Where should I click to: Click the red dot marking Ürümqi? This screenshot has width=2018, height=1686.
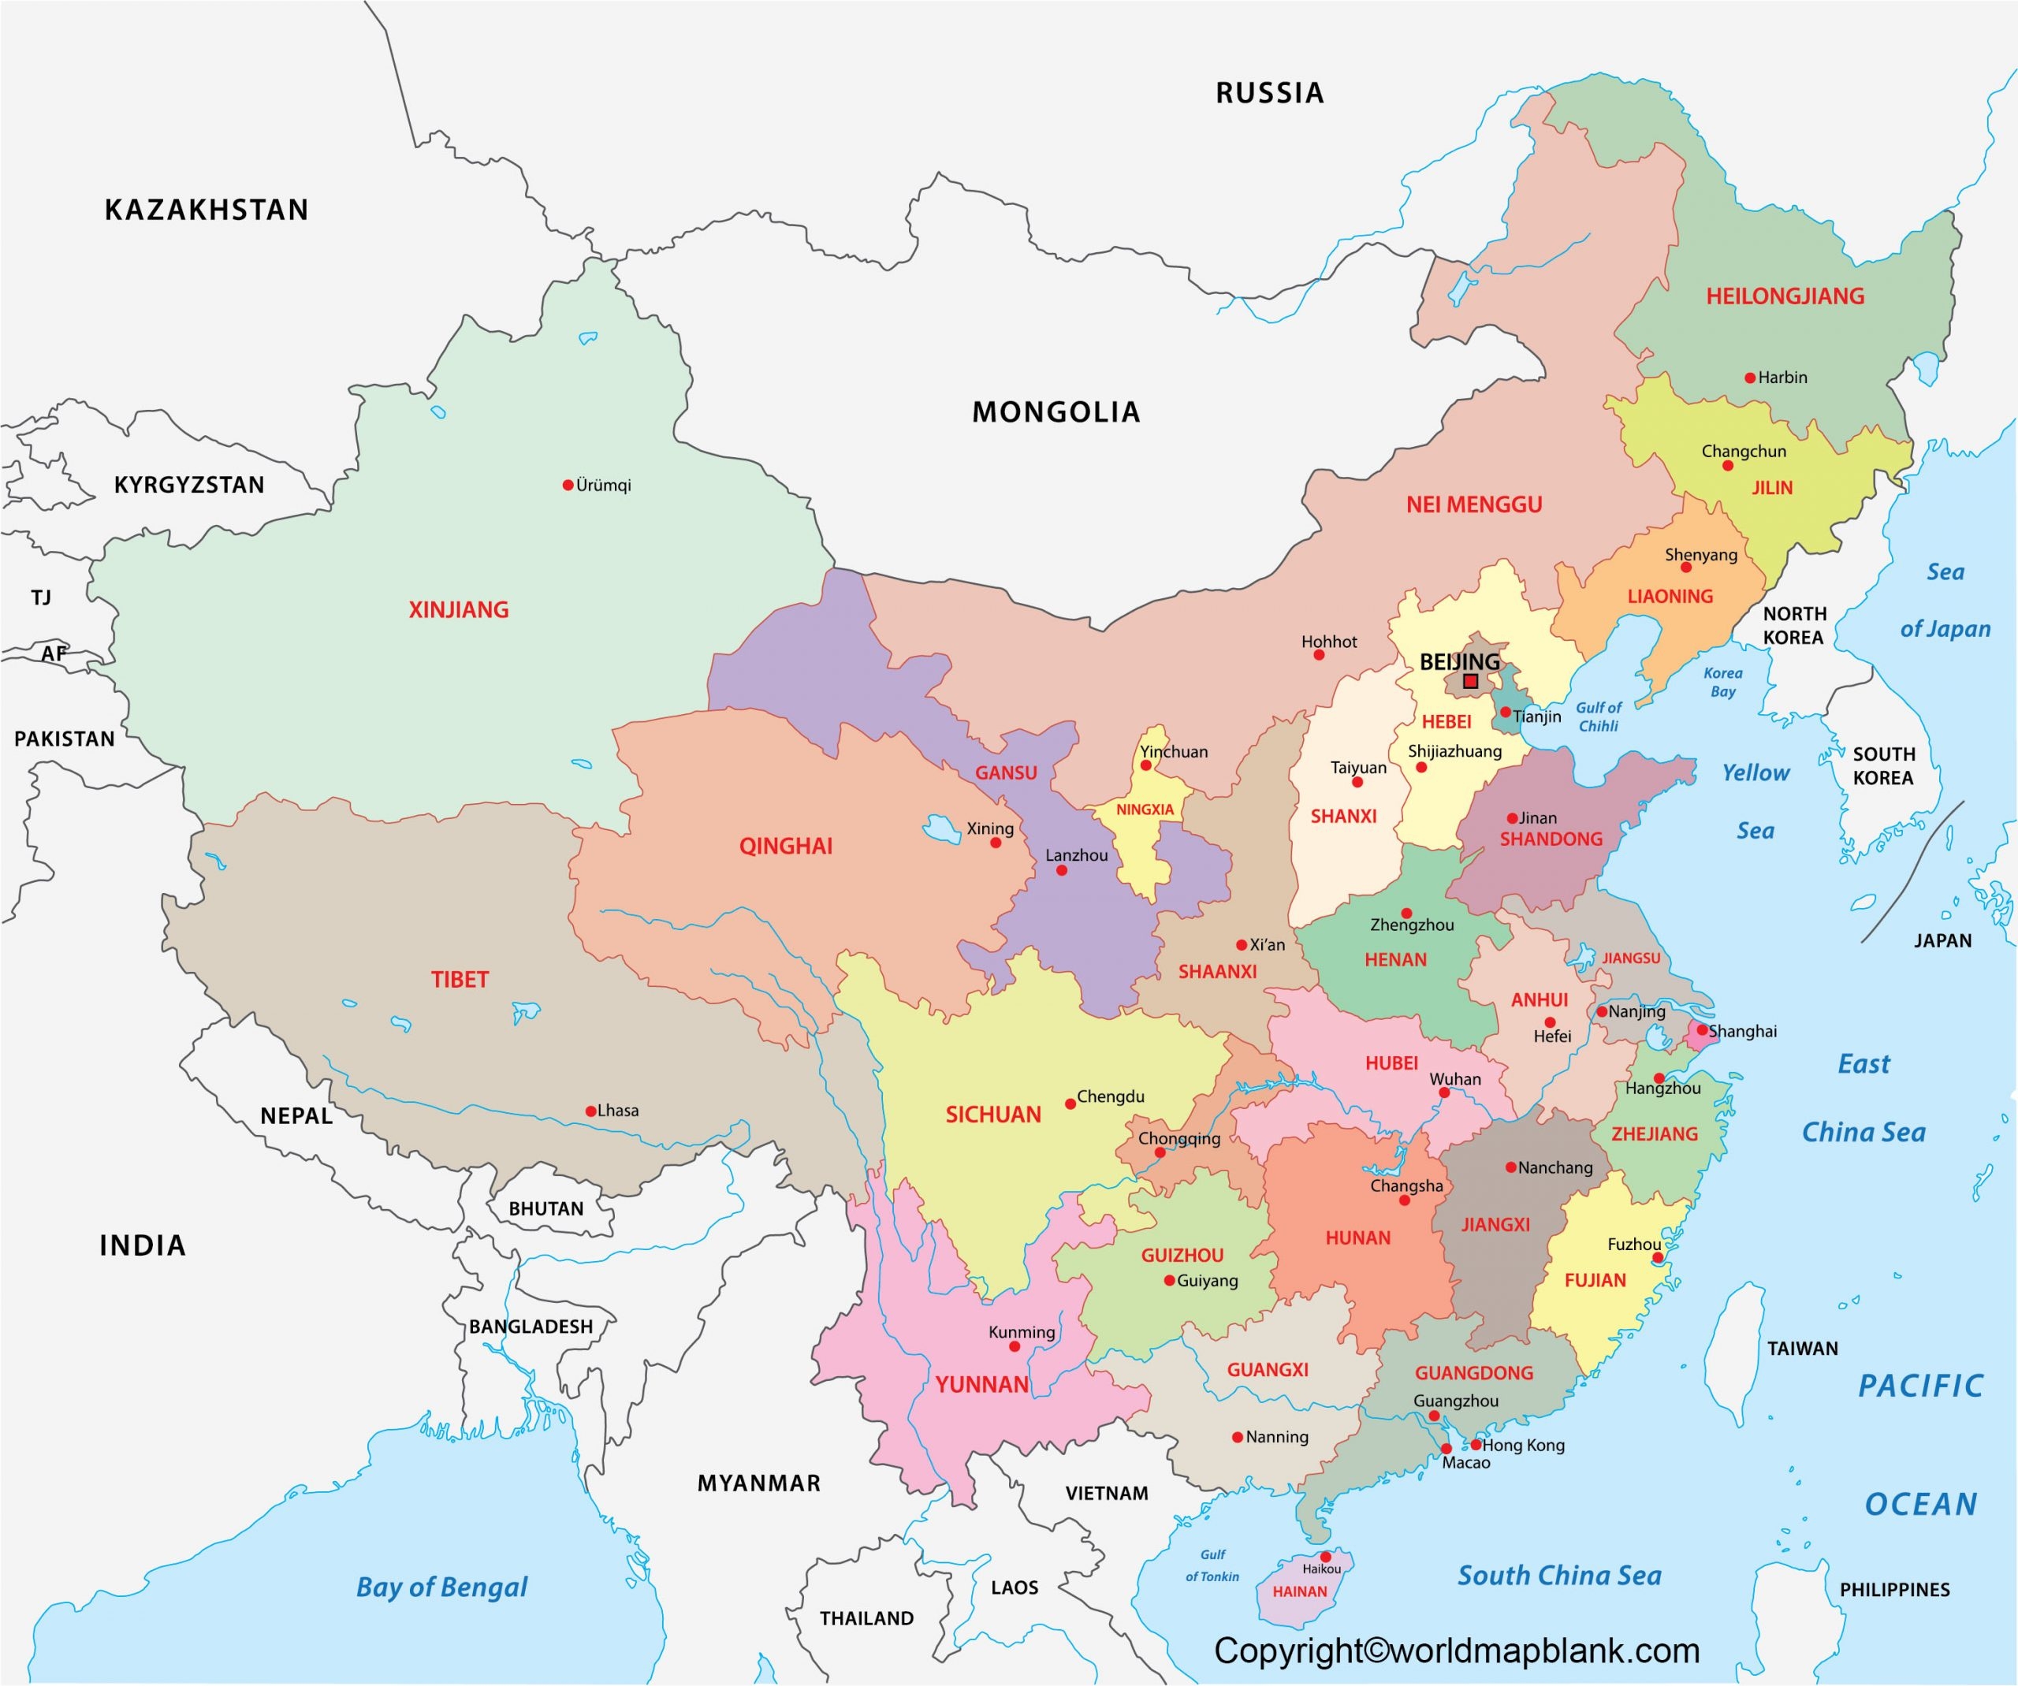(568, 485)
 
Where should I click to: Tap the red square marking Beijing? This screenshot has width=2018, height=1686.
(1470, 681)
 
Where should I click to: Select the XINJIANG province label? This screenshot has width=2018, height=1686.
(458, 609)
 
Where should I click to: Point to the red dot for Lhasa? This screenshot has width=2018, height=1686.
(591, 1111)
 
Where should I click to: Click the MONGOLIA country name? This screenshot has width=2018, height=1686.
(1056, 412)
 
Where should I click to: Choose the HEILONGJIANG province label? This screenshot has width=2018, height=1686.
(1785, 296)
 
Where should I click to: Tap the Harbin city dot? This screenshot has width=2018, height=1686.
(1750, 378)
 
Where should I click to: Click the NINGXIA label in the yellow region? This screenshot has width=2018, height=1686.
(1145, 810)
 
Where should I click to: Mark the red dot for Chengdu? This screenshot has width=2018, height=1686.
(1070, 1104)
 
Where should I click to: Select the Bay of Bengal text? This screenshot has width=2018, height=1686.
(441, 1587)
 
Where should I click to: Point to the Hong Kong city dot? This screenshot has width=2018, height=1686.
(1475, 1444)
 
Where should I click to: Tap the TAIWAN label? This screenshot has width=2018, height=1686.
(1802, 1348)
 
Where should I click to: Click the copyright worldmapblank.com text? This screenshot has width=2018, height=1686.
(1457, 1651)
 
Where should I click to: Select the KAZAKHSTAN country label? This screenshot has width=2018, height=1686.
(207, 210)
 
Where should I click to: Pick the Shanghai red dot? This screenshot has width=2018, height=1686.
(1702, 1030)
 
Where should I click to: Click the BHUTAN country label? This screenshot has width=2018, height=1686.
(545, 1208)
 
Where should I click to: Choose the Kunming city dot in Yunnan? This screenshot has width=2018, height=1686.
(1014, 1347)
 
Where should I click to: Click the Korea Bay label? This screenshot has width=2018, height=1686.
(1723, 682)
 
